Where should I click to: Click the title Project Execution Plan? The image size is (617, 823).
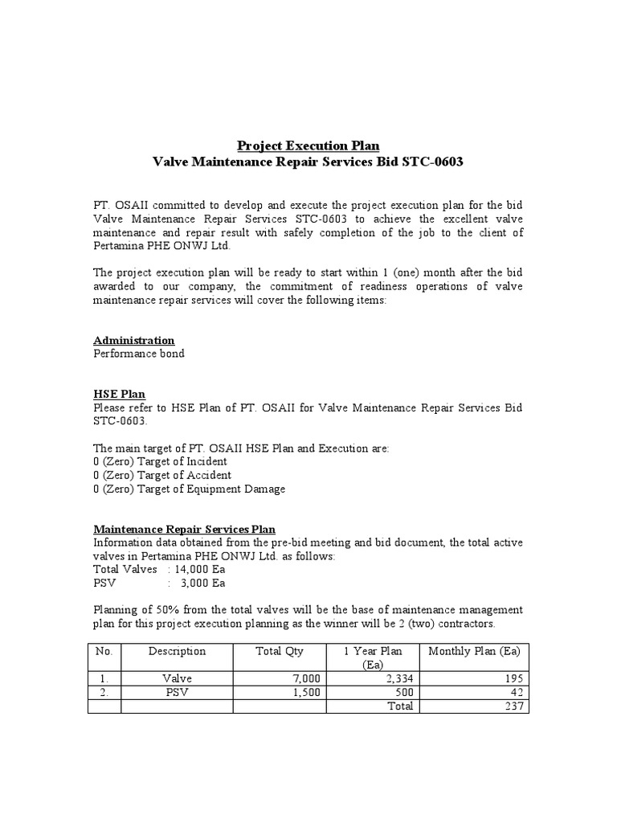point(308,145)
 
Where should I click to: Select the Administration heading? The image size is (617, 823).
point(133,340)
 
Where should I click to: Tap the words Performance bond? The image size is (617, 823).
point(139,354)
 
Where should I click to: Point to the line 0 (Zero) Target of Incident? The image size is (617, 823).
point(160,461)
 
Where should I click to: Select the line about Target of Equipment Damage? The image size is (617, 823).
point(189,489)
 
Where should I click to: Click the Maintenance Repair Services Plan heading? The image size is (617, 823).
point(184,529)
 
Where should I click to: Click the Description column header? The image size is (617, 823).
point(177,651)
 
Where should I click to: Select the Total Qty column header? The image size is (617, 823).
point(280,651)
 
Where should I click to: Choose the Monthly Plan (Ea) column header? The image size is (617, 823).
point(476,651)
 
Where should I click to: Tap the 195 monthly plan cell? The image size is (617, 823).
point(513,678)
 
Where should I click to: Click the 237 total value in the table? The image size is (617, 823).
point(513,706)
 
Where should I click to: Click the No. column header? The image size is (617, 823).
point(104,651)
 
